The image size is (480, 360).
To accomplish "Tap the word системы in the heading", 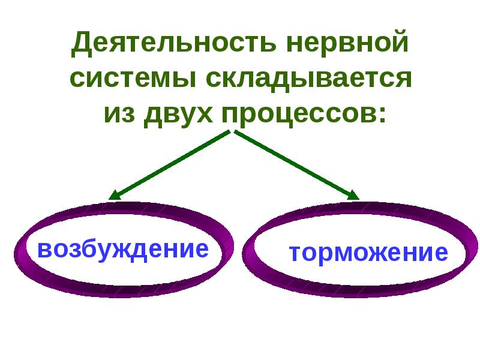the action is [133, 78].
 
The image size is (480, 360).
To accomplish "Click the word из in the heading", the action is [119, 114].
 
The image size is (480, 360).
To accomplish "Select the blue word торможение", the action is [368, 253].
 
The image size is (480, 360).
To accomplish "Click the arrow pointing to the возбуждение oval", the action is [169, 165].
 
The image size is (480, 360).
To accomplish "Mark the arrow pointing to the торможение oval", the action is [296, 165].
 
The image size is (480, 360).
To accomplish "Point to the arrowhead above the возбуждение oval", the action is [115, 196].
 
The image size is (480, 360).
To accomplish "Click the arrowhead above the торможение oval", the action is [353, 196].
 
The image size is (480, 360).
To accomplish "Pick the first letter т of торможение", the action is [296, 253].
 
